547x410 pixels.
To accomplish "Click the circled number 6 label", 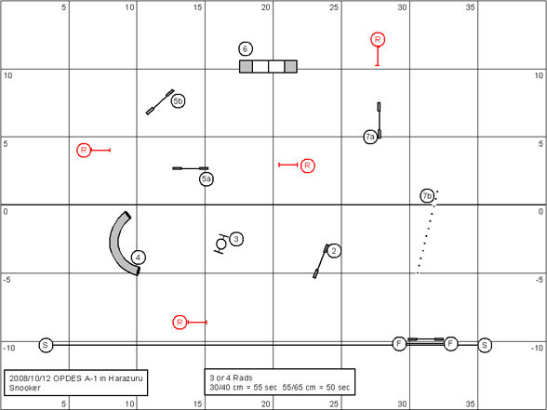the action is (x=246, y=48).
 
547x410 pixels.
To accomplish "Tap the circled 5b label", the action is (x=178, y=101).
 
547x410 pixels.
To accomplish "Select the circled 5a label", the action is (x=207, y=179).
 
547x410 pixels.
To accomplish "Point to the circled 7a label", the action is (x=370, y=137).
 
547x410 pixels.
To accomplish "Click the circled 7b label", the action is (x=427, y=196).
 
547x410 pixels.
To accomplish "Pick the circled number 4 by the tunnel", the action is (x=138, y=258).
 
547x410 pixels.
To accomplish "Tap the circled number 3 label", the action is (x=236, y=239).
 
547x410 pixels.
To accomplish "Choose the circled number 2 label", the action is (x=334, y=250).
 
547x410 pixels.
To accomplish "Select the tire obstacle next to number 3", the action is (x=220, y=244).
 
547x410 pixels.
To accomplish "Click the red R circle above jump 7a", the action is (x=378, y=39).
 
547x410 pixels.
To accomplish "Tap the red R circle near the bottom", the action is (x=180, y=322).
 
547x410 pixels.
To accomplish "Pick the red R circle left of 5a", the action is (x=84, y=150).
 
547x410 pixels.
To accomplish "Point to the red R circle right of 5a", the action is (x=307, y=165).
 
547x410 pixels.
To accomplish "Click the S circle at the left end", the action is (x=46, y=345).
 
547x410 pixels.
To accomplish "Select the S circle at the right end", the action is (x=485, y=345).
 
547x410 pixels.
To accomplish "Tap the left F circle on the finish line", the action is (x=399, y=344).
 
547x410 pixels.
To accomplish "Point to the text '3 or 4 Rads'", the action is (x=231, y=377).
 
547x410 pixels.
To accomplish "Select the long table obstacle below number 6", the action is (x=268, y=66).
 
